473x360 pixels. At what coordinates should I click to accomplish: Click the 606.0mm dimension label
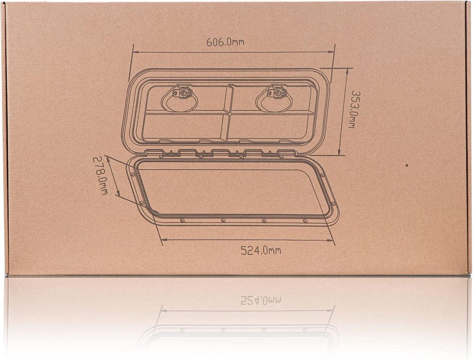[x=225, y=42]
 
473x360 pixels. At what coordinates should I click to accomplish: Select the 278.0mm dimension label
[x=101, y=176]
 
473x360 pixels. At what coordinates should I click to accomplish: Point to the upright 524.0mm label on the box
[x=261, y=251]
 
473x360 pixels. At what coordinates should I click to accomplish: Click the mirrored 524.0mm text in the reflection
[x=261, y=300]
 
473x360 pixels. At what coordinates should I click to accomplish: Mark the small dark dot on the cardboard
[x=407, y=165]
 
